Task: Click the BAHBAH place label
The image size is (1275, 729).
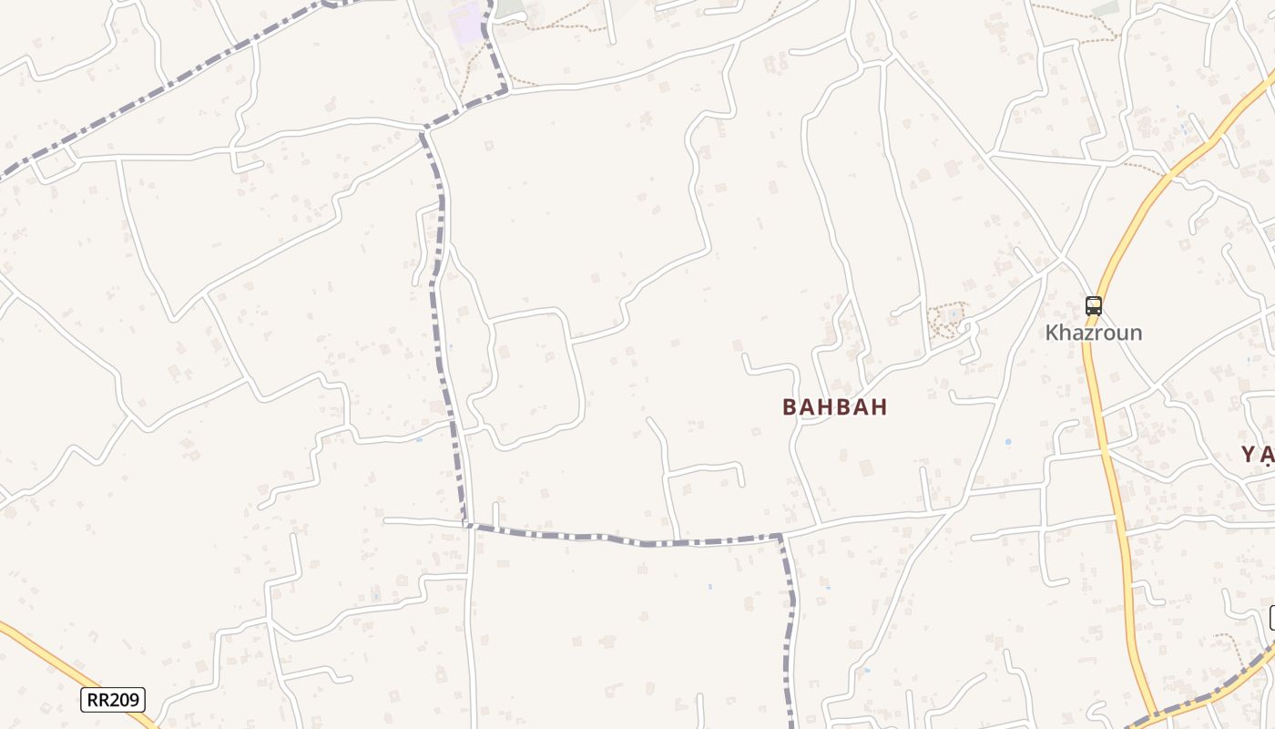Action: pyautogui.click(x=834, y=407)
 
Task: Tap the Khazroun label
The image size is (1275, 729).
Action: pyautogui.click(x=1093, y=333)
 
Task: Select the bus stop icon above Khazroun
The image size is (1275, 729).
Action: pyautogui.click(x=1094, y=306)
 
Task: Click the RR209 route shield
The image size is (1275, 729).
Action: pyautogui.click(x=113, y=700)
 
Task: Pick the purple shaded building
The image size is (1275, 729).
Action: pyautogui.click(x=467, y=23)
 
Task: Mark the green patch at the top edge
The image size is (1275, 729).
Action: pyautogui.click(x=511, y=7)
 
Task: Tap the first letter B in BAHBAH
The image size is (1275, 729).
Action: pyautogui.click(x=790, y=407)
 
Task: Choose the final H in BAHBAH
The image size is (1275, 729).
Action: pyautogui.click(x=879, y=407)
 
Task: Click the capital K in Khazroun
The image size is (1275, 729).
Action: pyautogui.click(x=1053, y=333)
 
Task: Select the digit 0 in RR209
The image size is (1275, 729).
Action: pyautogui.click(x=125, y=700)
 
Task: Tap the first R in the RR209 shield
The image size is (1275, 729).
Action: pyautogui.click(x=93, y=700)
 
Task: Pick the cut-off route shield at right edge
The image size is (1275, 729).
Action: pyautogui.click(x=1271, y=617)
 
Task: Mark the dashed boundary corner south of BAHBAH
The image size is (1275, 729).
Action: pyautogui.click(x=780, y=536)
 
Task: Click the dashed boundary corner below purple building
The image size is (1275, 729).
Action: pyautogui.click(x=505, y=88)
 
